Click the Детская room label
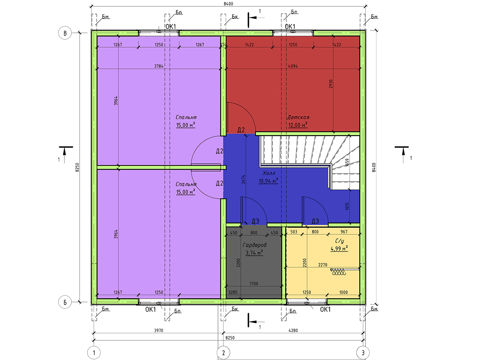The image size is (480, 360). click(298, 117)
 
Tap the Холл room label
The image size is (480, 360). click(268, 173)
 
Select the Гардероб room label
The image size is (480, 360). click(254, 245)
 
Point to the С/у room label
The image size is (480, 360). click(339, 241)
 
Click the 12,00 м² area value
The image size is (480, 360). click(298, 125)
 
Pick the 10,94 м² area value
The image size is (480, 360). click(268, 181)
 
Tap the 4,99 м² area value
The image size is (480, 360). click(339, 248)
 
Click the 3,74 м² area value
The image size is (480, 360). click(254, 253)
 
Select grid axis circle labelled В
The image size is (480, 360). click(65, 33)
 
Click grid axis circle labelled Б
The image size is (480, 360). click(65, 302)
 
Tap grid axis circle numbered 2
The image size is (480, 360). click(223, 352)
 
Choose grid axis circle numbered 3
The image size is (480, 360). click(363, 352)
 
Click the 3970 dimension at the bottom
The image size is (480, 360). click(158, 330)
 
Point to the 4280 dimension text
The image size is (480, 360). click(293, 330)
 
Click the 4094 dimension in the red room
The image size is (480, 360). click(293, 66)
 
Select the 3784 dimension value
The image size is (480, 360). click(159, 66)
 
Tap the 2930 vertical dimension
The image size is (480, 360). click(331, 84)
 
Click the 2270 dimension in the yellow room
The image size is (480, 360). click(322, 265)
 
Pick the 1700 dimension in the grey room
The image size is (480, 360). click(254, 284)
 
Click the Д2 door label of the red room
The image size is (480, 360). click(241, 130)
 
